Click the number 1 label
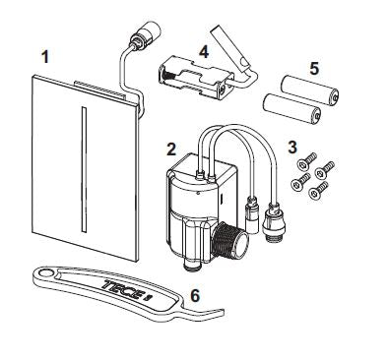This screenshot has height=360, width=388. [x=44, y=58]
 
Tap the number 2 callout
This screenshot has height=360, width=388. [x=170, y=150]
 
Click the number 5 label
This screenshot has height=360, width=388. [x=313, y=70]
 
